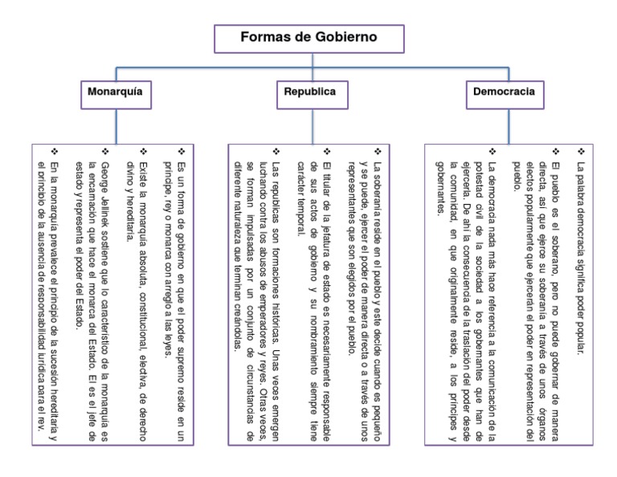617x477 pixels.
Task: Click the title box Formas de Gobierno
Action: point(308,38)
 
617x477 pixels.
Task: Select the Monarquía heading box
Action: point(116,92)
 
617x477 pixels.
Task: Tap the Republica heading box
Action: point(309,92)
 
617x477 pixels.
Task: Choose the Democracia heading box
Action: point(504,92)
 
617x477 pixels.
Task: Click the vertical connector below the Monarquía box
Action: point(116,124)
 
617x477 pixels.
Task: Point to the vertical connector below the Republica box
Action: point(309,124)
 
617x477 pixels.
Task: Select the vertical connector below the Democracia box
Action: point(504,124)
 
